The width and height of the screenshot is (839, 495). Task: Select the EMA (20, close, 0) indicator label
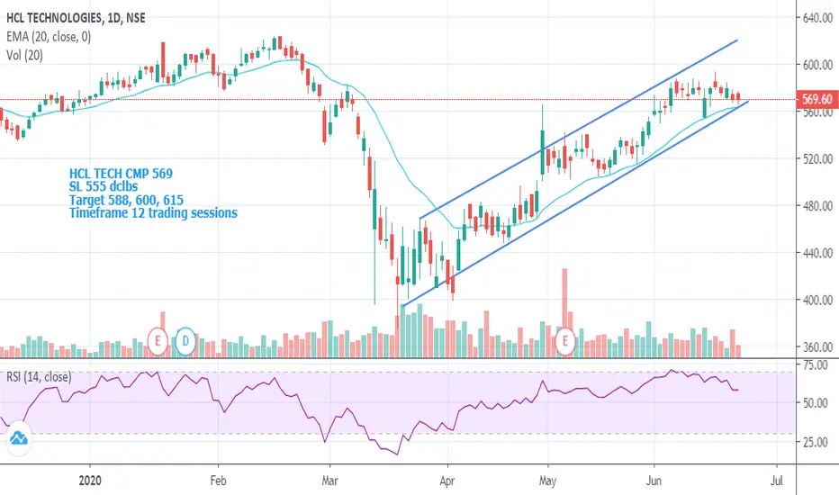49,33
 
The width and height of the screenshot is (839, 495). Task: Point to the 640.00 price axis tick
817,18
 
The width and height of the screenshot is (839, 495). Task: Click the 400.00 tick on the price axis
817,300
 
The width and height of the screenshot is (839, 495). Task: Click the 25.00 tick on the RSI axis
816,442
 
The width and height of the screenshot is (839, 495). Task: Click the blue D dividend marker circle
185,340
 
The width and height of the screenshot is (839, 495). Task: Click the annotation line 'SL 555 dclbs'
105,186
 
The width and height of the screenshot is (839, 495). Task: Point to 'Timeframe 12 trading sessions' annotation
153,213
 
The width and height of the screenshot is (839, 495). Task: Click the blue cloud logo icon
20,440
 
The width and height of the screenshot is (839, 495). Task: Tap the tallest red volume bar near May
564,306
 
